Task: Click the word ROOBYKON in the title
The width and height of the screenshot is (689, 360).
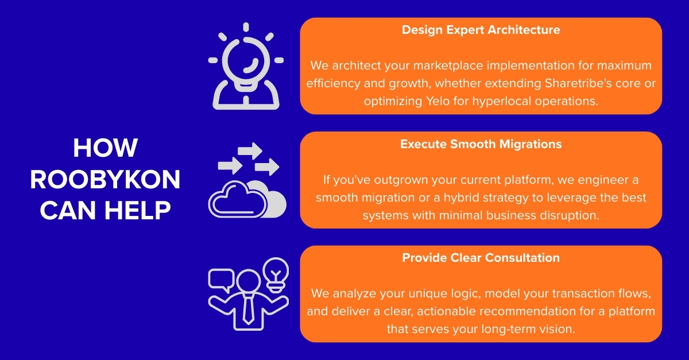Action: point(105,180)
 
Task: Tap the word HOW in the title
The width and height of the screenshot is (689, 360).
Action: point(105,148)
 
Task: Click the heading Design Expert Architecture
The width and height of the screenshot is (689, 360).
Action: point(481,30)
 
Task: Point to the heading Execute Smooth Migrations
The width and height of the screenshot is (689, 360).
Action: point(481,144)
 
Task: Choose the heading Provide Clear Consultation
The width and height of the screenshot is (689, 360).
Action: point(481,258)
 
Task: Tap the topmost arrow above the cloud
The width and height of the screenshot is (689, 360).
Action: point(250,150)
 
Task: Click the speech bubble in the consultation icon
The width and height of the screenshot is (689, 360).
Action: point(222,278)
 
